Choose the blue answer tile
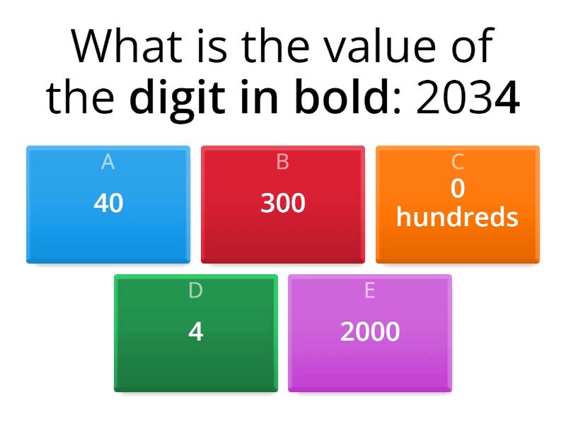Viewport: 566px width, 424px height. tap(108, 205)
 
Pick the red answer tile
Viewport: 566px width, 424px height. tap(283, 205)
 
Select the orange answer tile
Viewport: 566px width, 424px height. tap(458, 205)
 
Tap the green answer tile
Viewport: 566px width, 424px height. tap(196, 333)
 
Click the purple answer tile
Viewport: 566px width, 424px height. tap(370, 333)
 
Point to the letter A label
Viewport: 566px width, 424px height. tap(108, 162)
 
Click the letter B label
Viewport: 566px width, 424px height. tap(283, 162)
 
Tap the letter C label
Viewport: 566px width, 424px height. tap(458, 162)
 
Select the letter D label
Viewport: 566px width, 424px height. tap(196, 290)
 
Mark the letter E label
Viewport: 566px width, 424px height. tap(370, 290)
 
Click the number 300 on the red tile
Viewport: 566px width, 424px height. tap(283, 204)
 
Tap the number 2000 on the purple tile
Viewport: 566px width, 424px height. tap(370, 331)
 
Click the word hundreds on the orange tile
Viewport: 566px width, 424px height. tap(458, 217)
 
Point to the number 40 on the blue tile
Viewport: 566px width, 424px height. tap(108, 204)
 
